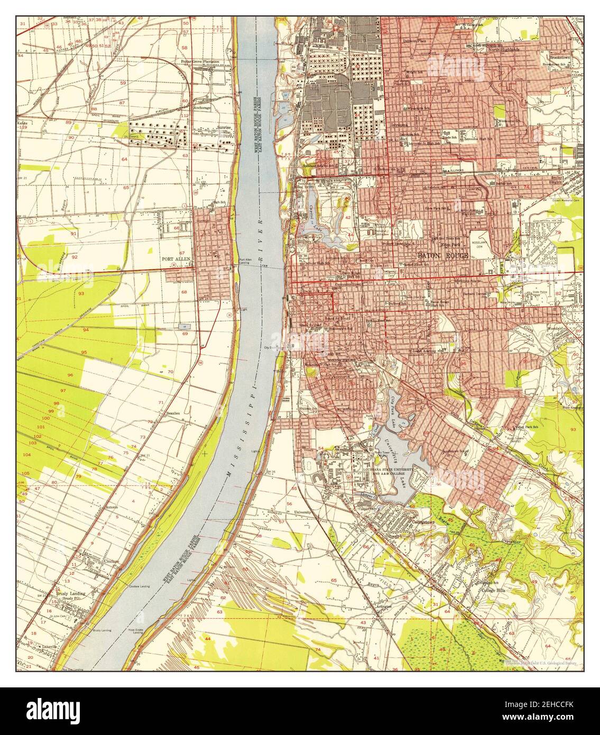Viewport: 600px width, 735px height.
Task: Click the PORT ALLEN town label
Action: [x=176, y=259]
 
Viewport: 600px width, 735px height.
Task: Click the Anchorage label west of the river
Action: [x=202, y=107]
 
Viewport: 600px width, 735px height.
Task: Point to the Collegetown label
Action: [x=421, y=521]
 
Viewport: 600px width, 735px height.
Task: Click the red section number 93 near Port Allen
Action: [x=81, y=293]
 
